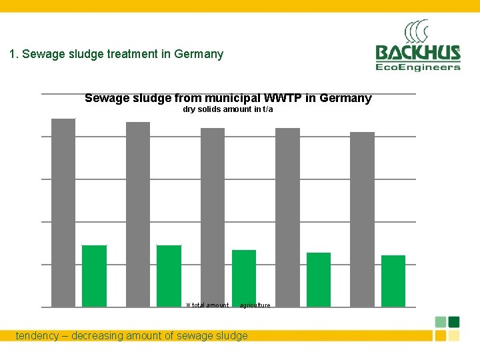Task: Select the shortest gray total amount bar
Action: [362, 219]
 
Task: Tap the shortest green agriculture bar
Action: [393, 281]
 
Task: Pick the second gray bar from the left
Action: [138, 214]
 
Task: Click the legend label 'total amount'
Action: [210, 305]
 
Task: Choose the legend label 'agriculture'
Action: [255, 305]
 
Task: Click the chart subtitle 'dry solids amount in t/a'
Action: [228, 109]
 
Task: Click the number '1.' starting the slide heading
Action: [14, 54]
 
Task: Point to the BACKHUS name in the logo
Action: [418, 53]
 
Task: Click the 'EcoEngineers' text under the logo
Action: [418, 67]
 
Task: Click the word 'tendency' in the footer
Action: [37, 336]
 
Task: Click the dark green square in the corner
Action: [454, 321]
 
